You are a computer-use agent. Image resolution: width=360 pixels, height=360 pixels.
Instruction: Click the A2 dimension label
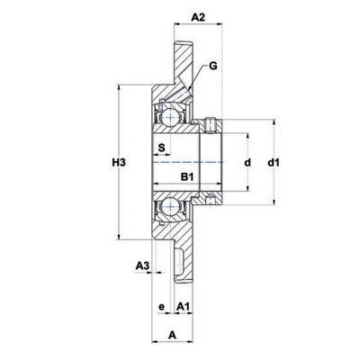click(198, 17)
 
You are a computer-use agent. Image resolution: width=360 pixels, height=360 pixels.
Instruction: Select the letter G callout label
click(212, 66)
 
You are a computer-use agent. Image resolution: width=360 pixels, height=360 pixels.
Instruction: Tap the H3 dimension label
click(118, 163)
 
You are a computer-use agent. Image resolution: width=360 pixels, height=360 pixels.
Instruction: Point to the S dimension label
click(161, 147)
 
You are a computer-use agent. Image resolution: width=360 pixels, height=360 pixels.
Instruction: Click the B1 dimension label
click(186, 177)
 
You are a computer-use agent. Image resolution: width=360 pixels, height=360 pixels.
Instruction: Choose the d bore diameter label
click(247, 163)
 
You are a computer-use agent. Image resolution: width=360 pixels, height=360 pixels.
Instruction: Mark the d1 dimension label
click(274, 163)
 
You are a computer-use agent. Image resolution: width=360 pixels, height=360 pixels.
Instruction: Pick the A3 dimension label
click(142, 265)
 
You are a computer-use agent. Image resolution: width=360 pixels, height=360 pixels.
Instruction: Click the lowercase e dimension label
click(162, 307)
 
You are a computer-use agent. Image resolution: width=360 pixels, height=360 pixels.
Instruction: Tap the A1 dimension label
click(184, 306)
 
